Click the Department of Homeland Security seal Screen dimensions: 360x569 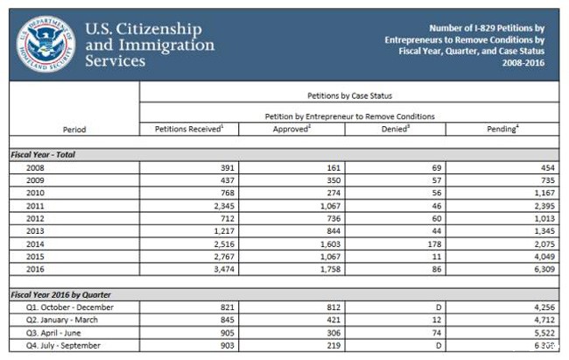point(46,43)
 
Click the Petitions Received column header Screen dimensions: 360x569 point(189,129)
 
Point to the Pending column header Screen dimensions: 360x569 point(502,129)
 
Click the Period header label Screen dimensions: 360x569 point(74,130)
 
